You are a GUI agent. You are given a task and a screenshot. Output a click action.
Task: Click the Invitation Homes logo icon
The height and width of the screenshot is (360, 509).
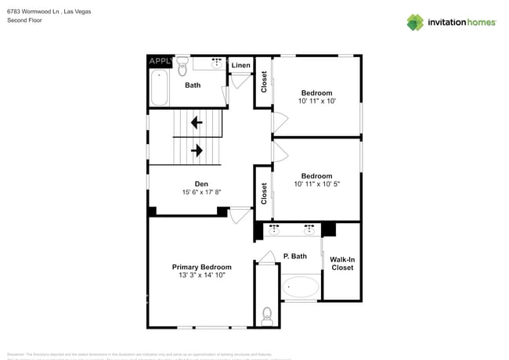tap(415, 22)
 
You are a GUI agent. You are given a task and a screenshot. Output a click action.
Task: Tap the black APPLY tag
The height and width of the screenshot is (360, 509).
tap(160, 61)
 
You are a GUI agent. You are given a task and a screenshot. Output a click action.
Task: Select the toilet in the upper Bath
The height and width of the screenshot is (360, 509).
tap(182, 63)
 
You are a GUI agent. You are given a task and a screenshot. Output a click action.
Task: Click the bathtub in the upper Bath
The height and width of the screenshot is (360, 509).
tap(159, 88)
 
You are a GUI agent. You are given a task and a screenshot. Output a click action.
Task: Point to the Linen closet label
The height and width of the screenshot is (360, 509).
tap(241, 65)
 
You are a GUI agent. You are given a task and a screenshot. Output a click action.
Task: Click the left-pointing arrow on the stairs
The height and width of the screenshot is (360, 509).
tap(195, 122)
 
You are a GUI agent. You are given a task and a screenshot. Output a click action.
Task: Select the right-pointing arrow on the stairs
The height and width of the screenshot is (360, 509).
tap(197, 149)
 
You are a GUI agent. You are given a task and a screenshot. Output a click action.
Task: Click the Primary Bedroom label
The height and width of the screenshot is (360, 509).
tap(201, 267)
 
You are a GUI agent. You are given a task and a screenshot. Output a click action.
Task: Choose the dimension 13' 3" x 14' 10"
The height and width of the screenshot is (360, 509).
tap(201, 275)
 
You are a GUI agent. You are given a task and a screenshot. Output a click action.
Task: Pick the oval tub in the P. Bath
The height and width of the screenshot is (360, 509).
tap(301, 287)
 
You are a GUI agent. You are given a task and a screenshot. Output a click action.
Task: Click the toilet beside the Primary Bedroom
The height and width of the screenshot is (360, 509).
tap(266, 315)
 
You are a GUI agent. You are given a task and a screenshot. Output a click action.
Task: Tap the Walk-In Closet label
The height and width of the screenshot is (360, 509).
tap(341, 263)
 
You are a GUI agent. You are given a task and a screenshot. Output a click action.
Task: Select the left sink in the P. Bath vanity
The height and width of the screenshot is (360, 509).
tap(275, 229)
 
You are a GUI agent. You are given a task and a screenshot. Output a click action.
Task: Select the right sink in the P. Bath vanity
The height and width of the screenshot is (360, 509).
tap(309, 229)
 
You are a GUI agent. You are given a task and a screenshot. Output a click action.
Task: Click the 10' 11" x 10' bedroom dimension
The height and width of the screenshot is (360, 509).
tap(316, 101)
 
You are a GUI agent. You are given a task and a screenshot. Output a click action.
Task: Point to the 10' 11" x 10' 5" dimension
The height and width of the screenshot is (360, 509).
tap(316, 184)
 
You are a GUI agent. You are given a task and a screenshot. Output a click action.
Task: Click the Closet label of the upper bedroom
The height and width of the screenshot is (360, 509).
tap(264, 82)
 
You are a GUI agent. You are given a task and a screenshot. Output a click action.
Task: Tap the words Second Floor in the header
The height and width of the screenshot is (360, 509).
tap(24, 20)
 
